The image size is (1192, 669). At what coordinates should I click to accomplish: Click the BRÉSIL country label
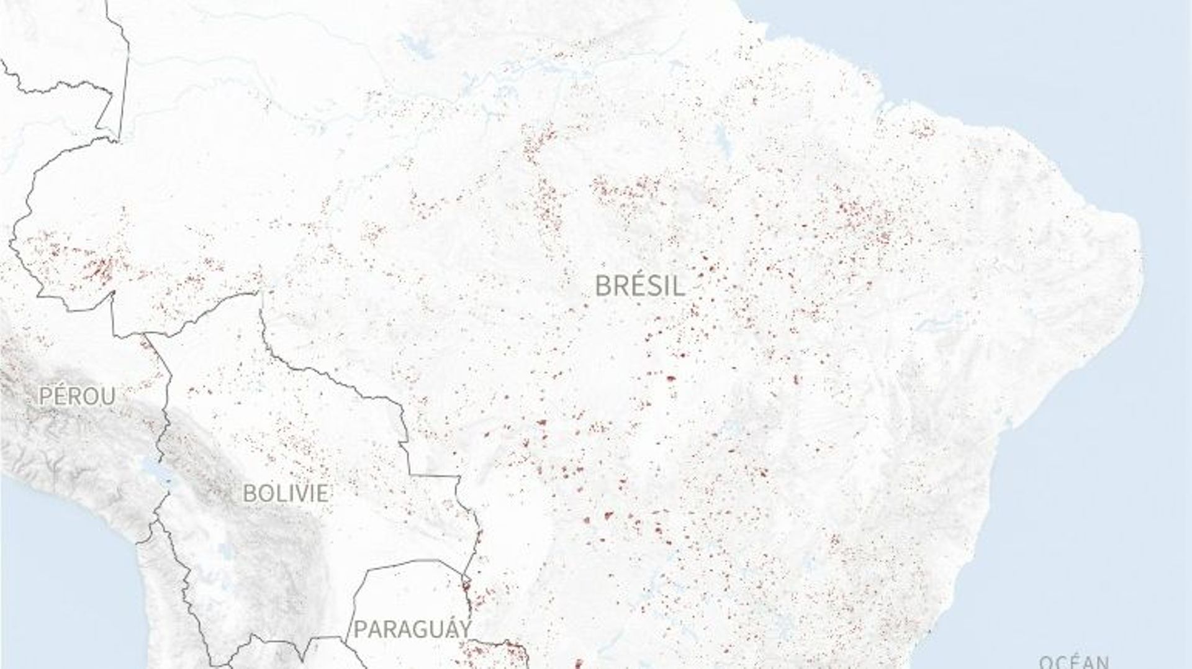point(640,286)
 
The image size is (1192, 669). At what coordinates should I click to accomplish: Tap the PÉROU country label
point(77,396)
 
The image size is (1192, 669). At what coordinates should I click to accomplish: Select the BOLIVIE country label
point(285,493)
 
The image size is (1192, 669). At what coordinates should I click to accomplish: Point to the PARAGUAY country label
point(412,629)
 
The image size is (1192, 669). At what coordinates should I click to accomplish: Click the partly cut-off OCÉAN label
point(1074,662)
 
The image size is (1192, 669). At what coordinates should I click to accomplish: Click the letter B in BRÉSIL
point(603,286)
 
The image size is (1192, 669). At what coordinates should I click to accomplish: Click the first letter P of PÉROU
point(45,396)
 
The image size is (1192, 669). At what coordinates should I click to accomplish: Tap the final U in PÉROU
point(109,396)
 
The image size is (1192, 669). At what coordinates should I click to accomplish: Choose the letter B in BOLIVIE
point(248,493)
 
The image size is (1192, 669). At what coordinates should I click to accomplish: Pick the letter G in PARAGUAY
point(420,629)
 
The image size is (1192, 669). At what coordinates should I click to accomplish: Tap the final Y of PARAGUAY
point(464,629)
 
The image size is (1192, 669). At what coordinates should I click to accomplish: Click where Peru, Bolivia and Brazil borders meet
point(144,337)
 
